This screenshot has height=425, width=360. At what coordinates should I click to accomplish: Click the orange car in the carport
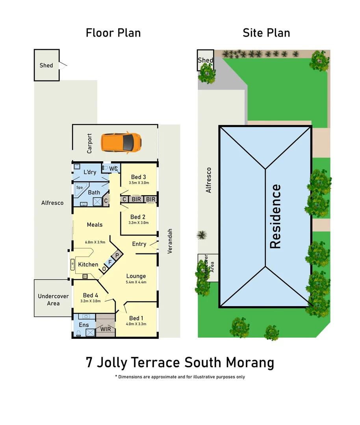click(x=121, y=142)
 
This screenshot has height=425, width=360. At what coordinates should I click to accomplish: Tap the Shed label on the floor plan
click(x=46, y=65)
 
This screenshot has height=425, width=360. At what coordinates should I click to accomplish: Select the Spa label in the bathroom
click(x=79, y=188)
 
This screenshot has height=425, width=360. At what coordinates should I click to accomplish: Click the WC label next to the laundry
click(x=113, y=169)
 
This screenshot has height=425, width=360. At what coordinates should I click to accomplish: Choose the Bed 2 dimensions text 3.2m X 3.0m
click(x=138, y=223)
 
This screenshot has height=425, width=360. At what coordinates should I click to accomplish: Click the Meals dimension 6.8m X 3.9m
click(x=95, y=242)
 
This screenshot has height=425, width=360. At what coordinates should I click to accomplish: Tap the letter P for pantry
click(x=117, y=255)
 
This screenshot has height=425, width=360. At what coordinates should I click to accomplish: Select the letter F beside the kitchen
click(x=110, y=262)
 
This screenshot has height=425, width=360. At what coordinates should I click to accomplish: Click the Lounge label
click(x=136, y=276)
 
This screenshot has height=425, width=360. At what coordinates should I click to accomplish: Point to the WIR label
click(x=106, y=329)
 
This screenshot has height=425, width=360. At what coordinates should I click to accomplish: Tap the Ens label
click(x=84, y=325)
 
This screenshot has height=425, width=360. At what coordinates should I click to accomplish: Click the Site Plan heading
click(x=266, y=33)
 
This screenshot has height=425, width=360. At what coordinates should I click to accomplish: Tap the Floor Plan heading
click(x=113, y=33)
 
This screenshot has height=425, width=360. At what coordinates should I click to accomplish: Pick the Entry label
click(x=139, y=244)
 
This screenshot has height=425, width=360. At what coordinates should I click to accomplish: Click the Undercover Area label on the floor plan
click(x=53, y=300)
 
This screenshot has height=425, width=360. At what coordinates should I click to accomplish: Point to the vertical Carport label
click(x=89, y=143)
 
